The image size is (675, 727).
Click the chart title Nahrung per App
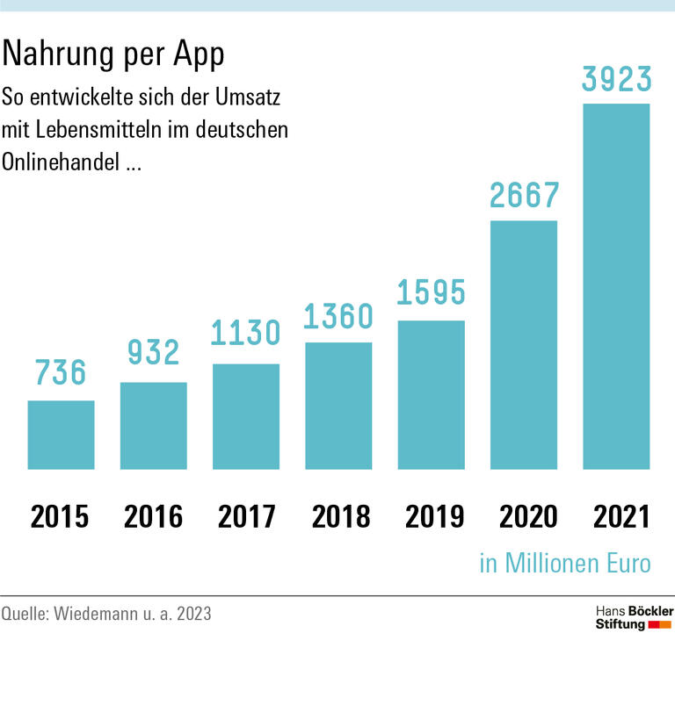[x=113, y=54]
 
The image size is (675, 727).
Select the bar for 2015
[x=61, y=435]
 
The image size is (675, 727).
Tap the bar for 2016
[x=154, y=426]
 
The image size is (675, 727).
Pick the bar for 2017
[x=246, y=416]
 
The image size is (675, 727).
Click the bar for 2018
[x=338, y=406]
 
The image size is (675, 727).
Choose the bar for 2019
[x=432, y=395]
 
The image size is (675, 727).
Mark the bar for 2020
[x=524, y=345]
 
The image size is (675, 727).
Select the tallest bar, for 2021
[x=616, y=286]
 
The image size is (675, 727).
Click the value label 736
[x=61, y=372]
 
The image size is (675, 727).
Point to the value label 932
[x=154, y=353]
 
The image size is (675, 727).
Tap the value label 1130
[x=246, y=334]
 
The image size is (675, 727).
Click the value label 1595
[x=432, y=292]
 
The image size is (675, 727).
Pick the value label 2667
[x=524, y=196]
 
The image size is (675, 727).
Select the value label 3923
[x=616, y=78]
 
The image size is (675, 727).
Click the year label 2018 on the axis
[x=340, y=517]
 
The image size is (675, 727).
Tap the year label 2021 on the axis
[x=621, y=517]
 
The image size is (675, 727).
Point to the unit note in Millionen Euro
[x=565, y=563]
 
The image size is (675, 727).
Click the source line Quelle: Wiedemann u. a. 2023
[x=106, y=614]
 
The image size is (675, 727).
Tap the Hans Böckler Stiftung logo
[x=634, y=617]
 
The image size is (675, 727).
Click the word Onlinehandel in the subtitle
[x=62, y=162]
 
